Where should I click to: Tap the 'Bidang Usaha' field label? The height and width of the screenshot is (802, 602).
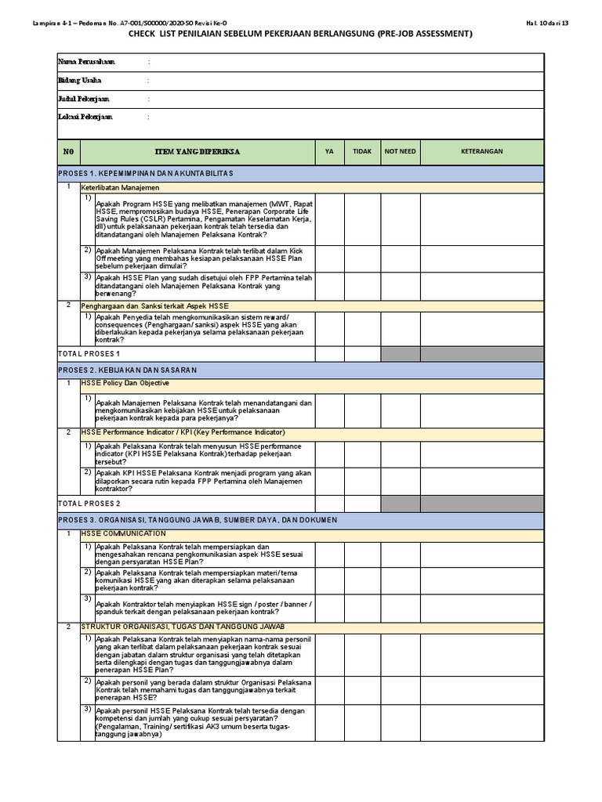[80, 80]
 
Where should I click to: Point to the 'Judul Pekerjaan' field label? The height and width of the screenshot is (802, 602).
[84, 99]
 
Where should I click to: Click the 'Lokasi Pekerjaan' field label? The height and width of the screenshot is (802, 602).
[85, 117]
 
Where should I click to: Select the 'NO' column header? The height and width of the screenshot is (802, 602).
[68, 152]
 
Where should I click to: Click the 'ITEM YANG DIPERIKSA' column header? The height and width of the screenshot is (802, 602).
[198, 152]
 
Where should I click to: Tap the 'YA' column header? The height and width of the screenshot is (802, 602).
[329, 152]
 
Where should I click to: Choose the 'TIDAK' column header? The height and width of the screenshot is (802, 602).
[362, 152]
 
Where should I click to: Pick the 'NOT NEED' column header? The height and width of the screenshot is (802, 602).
[400, 152]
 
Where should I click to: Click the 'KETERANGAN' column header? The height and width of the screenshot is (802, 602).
[481, 152]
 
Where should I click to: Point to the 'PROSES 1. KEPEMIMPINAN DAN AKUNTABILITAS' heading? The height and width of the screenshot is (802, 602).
[147, 172]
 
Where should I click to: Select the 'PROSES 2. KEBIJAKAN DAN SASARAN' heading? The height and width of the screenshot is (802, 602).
[128, 369]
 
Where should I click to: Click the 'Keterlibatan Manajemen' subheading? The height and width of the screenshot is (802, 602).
[120, 188]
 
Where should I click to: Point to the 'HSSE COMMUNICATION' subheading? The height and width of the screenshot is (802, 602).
[124, 533]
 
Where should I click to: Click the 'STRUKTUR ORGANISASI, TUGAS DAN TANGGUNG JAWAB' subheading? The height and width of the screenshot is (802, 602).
[183, 627]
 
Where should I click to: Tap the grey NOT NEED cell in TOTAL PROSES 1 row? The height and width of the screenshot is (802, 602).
[400, 354]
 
